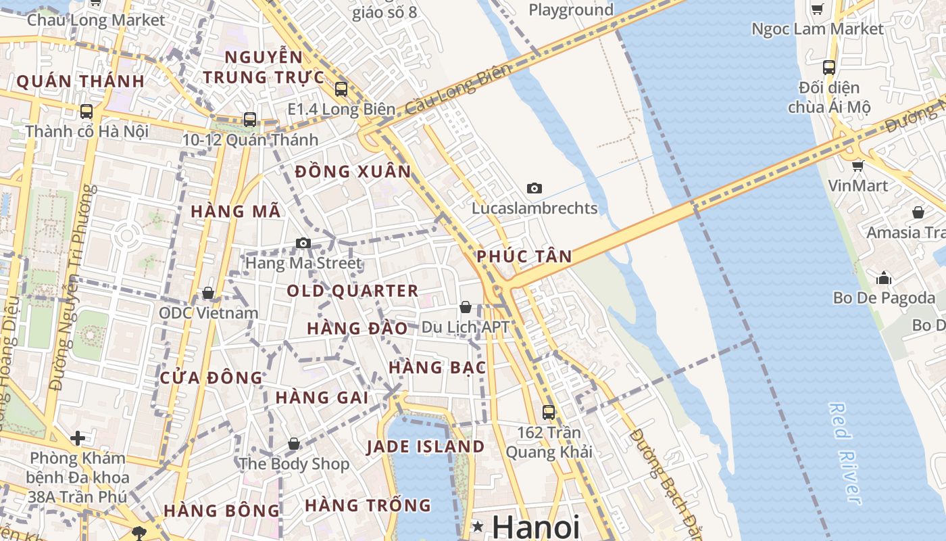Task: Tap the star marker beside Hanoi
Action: (x=478, y=526)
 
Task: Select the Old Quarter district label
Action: (x=353, y=291)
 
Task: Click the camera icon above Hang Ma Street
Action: (x=303, y=243)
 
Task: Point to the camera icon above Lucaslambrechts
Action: (x=534, y=188)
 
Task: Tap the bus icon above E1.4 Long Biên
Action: (x=341, y=89)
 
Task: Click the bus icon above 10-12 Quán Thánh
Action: (x=250, y=120)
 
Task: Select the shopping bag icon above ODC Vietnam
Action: (x=208, y=293)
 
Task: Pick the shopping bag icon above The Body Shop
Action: (x=294, y=444)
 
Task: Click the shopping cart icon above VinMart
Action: (x=857, y=166)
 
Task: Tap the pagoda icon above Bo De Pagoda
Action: (x=884, y=277)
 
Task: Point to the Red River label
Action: (x=845, y=453)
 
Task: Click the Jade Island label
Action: (x=426, y=447)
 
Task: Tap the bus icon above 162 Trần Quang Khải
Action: (x=549, y=412)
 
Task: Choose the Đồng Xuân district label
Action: (x=353, y=172)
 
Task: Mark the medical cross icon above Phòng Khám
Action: (x=78, y=438)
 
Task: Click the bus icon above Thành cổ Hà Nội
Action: (x=86, y=112)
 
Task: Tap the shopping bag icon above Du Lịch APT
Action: (x=465, y=307)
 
